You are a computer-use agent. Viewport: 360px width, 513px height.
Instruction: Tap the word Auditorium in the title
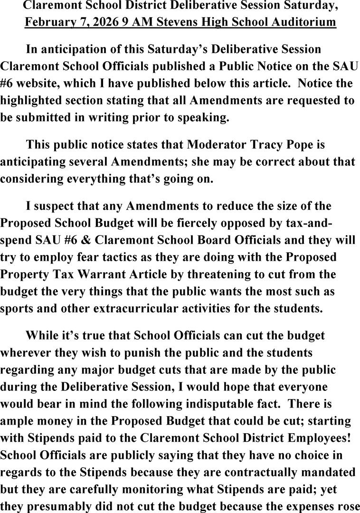[303, 22]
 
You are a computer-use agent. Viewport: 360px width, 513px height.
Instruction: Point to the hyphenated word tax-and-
[327, 223]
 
